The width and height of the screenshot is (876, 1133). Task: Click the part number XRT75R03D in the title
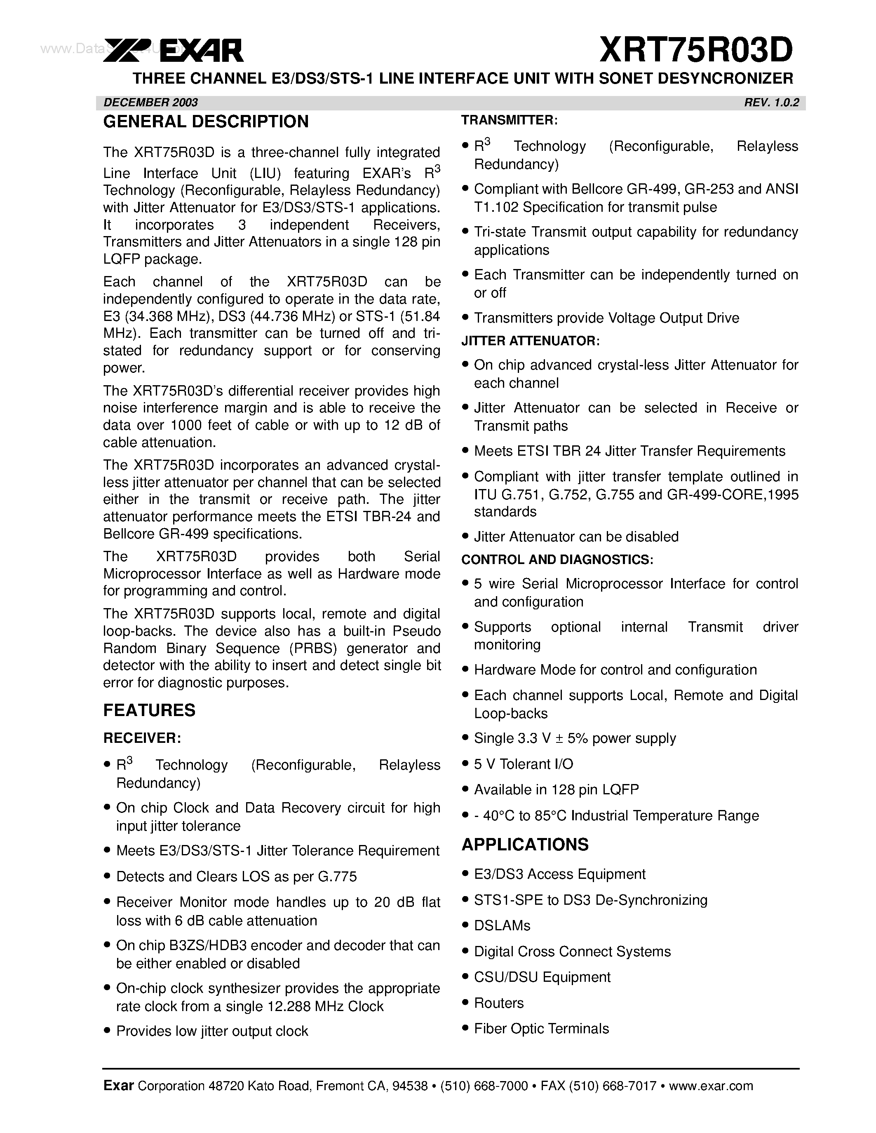pos(696,50)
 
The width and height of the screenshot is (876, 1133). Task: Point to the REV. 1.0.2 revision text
pos(771,102)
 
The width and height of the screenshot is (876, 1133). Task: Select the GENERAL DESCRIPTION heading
pos(206,122)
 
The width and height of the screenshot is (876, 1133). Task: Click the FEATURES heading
pos(150,710)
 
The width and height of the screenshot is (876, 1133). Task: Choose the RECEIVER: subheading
pos(142,738)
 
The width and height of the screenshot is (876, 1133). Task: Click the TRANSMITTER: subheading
pos(510,120)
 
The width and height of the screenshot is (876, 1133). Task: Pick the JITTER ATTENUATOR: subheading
pos(531,341)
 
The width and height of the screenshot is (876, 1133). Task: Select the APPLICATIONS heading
pos(525,844)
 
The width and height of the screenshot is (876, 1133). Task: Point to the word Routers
pos(499,1003)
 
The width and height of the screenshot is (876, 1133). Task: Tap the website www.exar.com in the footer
pos(711,1086)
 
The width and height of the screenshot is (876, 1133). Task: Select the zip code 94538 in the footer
pos(410,1086)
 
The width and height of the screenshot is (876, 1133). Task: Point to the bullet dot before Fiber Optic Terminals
pos(465,1029)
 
